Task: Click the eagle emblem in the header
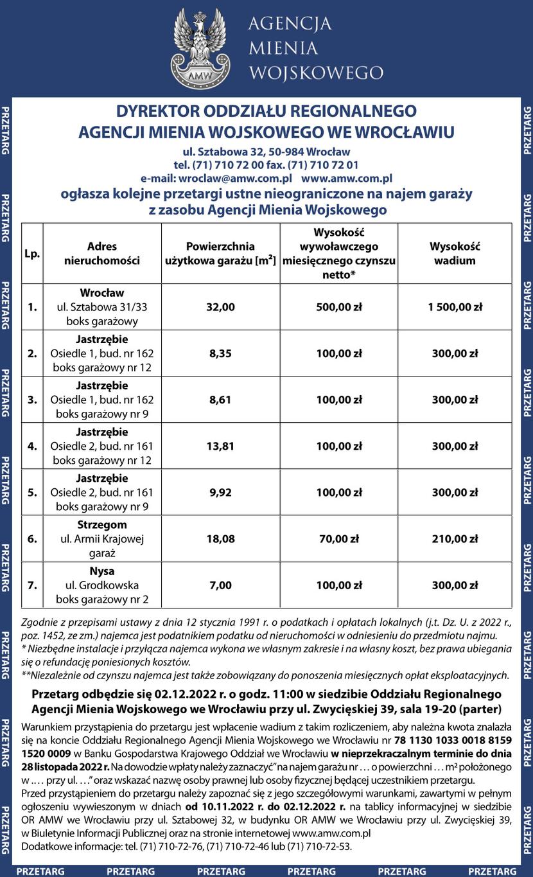click(x=200, y=49)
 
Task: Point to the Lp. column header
click(x=32, y=254)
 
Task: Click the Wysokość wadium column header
click(x=455, y=254)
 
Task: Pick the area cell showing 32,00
click(x=220, y=307)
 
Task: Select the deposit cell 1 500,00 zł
click(x=455, y=307)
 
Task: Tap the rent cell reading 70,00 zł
click(x=338, y=539)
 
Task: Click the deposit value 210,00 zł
click(x=455, y=539)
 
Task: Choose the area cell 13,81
click(x=220, y=447)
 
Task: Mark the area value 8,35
click(x=220, y=353)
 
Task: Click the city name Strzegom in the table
click(x=102, y=525)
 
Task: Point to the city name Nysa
click(x=102, y=571)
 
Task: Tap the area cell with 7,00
click(x=220, y=585)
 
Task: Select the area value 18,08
click(x=220, y=539)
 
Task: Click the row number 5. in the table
click(x=32, y=493)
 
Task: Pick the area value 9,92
click(x=220, y=493)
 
